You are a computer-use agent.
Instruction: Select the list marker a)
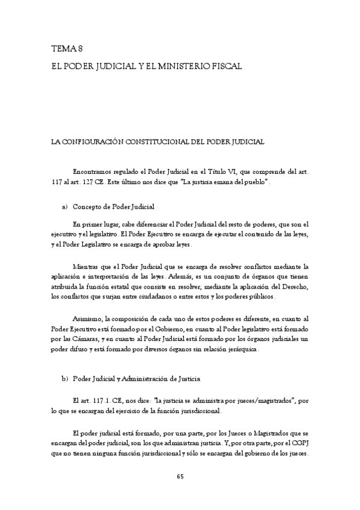pyautogui.click(x=64, y=207)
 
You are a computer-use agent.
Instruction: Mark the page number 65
pyautogui.click(x=180, y=477)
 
